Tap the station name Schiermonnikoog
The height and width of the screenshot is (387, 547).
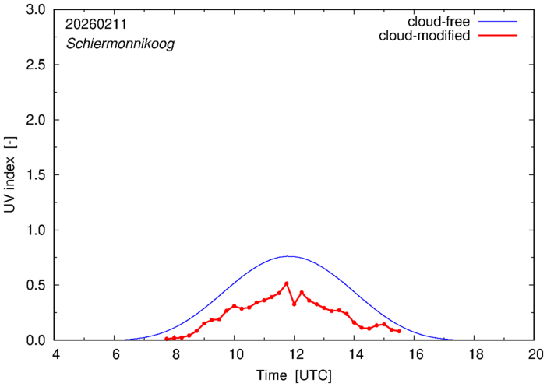click(119, 44)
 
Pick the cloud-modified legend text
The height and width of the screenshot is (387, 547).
click(425, 36)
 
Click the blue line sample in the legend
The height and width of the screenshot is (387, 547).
click(499, 21)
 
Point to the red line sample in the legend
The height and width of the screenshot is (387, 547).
click(499, 36)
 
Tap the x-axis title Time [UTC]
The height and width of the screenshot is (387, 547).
click(295, 375)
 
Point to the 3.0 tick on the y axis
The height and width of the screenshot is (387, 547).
click(36, 10)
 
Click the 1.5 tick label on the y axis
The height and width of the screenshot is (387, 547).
click(36, 175)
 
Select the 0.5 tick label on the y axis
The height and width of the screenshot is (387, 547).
click(36, 285)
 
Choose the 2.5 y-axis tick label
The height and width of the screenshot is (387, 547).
click(36, 65)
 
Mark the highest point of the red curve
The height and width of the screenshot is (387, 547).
click(287, 283)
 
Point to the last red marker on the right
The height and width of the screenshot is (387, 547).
click(399, 332)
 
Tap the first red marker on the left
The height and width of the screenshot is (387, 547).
click(166, 339)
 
